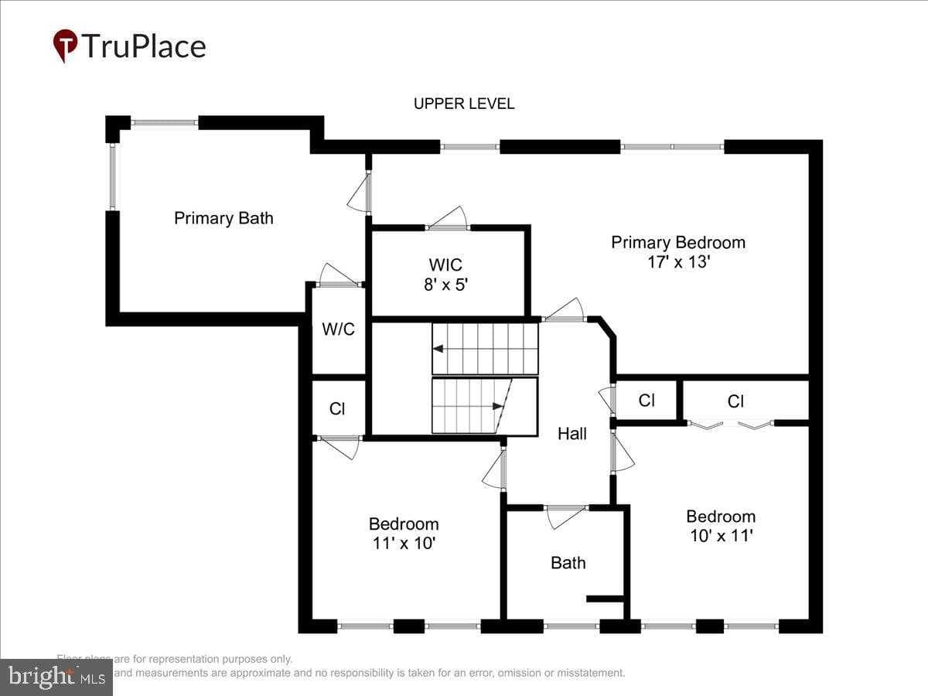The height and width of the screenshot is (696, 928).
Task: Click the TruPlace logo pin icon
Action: (65, 46)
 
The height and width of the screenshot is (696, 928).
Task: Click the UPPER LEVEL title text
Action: (463, 104)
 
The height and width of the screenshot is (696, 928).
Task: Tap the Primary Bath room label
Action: (223, 218)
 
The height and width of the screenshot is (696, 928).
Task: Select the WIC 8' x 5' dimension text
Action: (446, 284)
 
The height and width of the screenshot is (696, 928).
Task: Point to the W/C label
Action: (338, 329)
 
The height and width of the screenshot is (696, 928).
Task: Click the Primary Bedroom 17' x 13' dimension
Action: (678, 261)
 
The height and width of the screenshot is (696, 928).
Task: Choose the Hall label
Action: (572, 434)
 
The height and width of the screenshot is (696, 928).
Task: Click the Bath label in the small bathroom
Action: (568, 563)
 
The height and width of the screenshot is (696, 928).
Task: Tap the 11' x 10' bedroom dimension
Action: (404, 543)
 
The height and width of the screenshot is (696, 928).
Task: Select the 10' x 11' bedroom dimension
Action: (721, 535)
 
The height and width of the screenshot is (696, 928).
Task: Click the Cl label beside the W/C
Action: (337, 409)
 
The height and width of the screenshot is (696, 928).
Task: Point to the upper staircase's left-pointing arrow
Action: (438, 349)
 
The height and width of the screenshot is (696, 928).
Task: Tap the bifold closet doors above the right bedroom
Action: (731, 424)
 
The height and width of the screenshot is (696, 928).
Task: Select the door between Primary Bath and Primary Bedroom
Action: (360, 194)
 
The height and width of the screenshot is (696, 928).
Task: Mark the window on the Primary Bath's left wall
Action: (113, 177)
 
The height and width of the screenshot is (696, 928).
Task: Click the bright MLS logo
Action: (56, 677)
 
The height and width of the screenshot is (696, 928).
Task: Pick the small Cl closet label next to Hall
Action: (647, 401)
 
